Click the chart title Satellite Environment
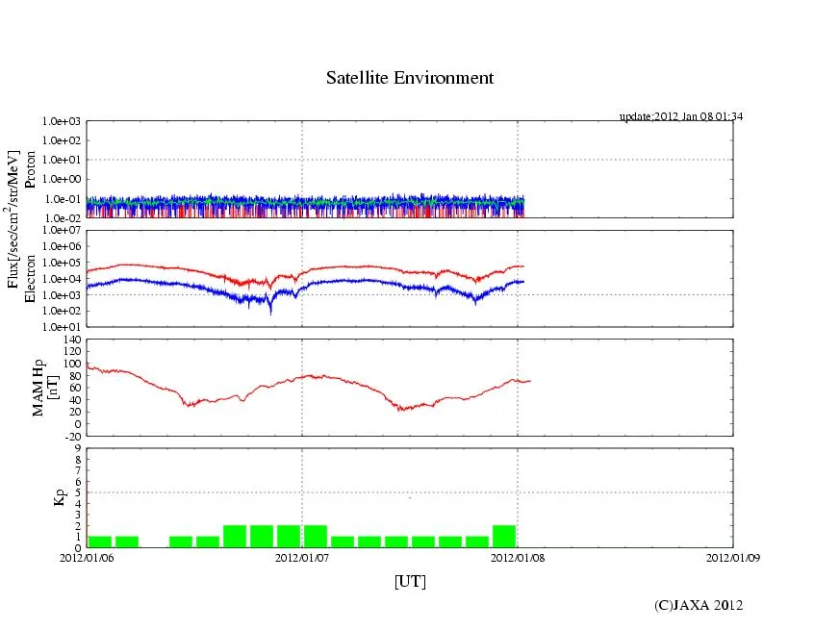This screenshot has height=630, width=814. coord(410,78)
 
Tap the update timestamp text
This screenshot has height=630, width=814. coord(681,116)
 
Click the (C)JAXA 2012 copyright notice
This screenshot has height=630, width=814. coord(699,605)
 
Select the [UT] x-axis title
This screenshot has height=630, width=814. coord(410,582)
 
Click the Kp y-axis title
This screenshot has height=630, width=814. coord(39,497)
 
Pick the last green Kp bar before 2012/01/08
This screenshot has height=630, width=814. coord(504,537)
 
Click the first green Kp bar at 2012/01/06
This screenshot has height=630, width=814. coord(100,542)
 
